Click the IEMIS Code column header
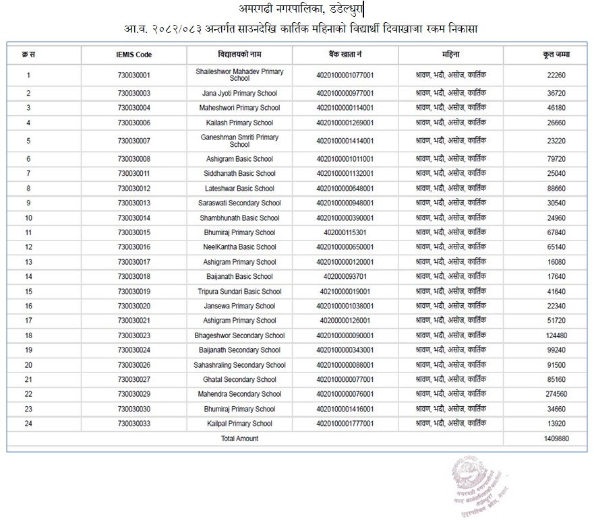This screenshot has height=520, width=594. tap(133, 54)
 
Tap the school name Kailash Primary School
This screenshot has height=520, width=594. tap(239, 123)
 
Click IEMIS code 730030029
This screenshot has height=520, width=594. tap(133, 394)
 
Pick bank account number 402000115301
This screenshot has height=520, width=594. tap(345, 232)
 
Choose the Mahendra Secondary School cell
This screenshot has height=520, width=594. tap(239, 394)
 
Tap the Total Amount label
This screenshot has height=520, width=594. tap(239, 438)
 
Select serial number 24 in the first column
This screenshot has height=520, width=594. tap(28, 424)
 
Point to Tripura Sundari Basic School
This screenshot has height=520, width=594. tap(239, 292)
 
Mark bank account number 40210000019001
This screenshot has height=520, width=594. tap(345, 292)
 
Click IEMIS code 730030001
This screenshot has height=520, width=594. tap(133, 75)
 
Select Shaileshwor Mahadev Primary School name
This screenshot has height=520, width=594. tap(239, 75)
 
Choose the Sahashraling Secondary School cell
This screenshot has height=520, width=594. tap(239, 365)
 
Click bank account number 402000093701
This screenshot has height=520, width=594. tap(345, 277)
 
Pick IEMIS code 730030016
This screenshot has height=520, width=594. tap(133, 247)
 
